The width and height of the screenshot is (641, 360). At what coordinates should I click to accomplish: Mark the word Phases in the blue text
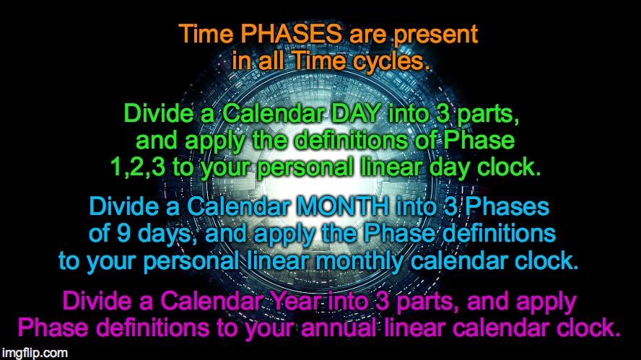509,207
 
